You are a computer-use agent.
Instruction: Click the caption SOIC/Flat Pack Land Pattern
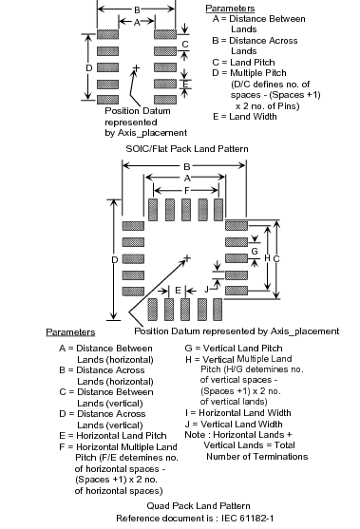coord(187,149)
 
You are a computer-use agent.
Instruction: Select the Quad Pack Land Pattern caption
coord(199,505)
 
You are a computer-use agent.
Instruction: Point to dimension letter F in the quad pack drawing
coord(187,191)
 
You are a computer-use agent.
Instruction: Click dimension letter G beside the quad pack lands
coord(255,251)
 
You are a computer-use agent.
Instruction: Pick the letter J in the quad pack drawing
coord(206,289)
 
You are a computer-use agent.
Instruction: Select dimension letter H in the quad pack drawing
coord(267,258)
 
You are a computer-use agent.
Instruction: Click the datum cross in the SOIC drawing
coord(136,68)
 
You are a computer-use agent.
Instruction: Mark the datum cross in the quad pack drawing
coord(187,258)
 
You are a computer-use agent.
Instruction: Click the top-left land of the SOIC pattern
coord(107,34)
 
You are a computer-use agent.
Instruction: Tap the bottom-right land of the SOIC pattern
coord(165,100)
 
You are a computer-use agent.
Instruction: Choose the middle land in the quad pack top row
coord(185,210)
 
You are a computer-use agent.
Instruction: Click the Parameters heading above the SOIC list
coord(230,9)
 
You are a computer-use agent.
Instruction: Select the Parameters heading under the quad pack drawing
coord(70,332)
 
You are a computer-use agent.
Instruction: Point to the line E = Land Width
coord(245,117)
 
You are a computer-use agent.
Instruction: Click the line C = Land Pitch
coord(243,63)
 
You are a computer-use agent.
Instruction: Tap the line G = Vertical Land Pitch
coord(234,348)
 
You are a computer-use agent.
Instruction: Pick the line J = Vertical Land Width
coord(234,424)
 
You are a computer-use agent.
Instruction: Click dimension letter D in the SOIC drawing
coord(88,68)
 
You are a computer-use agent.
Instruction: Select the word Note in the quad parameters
coord(195,435)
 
